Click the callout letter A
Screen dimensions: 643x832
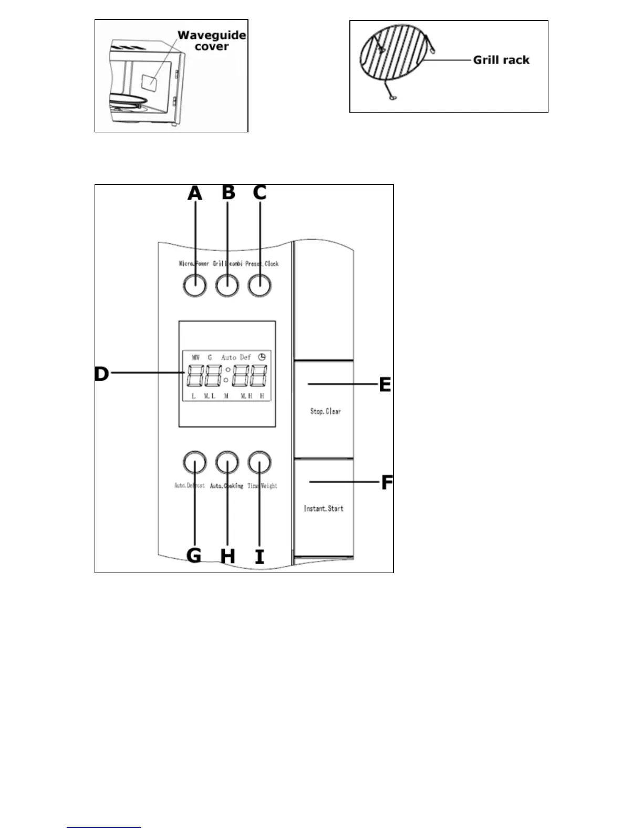coord(195,193)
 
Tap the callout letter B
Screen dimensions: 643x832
coord(228,192)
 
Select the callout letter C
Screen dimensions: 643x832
coord(260,193)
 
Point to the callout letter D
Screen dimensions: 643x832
coord(101,373)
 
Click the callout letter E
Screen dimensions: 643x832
coord(385,384)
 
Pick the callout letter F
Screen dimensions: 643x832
coord(387,482)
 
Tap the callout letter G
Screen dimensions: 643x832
coord(194,555)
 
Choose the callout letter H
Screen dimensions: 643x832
coord(227,556)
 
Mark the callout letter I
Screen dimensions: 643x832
coord(260,556)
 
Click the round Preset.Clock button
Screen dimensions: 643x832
coord(260,285)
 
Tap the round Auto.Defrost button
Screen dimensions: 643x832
coord(194,462)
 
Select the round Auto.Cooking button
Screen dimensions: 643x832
coord(227,462)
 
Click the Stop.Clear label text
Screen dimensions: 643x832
coord(325,411)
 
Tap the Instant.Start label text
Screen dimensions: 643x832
coord(324,508)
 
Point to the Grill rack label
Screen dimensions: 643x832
coord(501,60)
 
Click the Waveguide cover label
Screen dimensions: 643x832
coord(212,41)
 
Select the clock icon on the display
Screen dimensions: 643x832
coord(262,357)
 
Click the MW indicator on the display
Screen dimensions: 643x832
coord(196,357)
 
